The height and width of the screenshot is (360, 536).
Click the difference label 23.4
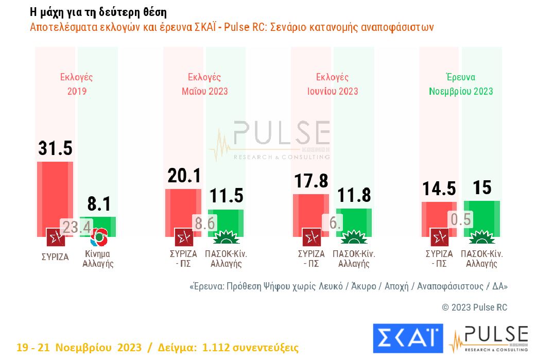[x=77, y=227]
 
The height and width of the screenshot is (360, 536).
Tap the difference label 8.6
[x=204, y=222]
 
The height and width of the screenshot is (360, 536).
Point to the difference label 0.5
[x=461, y=219]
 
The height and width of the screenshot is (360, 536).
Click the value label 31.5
[x=55, y=148]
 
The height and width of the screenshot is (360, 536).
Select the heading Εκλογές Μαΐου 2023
[x=204, y=84]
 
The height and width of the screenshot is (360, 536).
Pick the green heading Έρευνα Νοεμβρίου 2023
[x=461, y=84]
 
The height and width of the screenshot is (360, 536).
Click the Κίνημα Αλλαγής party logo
[x=98, y=237]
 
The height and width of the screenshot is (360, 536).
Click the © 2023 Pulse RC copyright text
[x=474, y=307]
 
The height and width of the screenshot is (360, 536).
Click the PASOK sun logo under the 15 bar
[x=482, y=237]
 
